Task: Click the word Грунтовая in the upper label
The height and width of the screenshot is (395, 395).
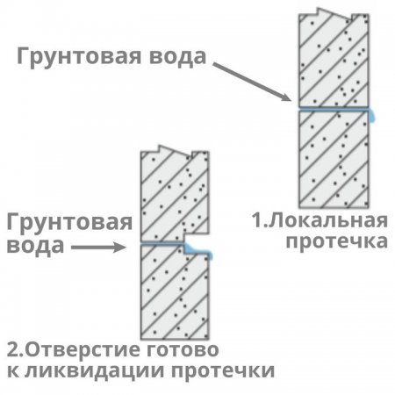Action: tap(79, 57)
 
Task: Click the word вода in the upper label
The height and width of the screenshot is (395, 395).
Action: tap(177, 56)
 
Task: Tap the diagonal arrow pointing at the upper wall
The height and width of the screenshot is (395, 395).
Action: tap(252, 82)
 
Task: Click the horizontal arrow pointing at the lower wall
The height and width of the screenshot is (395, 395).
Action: tap(98, 248)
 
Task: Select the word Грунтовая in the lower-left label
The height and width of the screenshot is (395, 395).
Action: tap(69, 223)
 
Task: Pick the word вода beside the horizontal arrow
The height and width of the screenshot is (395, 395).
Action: tap(35, 246)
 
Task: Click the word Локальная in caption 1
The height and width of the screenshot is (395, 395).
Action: tap(327, 221)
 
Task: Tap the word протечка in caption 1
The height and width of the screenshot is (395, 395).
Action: tap(337, 241)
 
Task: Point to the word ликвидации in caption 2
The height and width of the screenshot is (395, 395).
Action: tap(95, 370)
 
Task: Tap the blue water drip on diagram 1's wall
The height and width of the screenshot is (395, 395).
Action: tap(372, 115)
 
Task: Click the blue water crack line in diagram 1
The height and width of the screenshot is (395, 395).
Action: tap(334, 110)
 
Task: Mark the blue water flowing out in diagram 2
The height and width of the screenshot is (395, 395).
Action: tap(198, 252)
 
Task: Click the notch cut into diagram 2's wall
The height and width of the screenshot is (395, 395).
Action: tap(197, 241)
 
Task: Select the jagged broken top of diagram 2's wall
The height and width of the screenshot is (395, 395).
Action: tap(175, 153)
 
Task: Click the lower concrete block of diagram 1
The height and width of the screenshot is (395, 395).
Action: tap(334, 160)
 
